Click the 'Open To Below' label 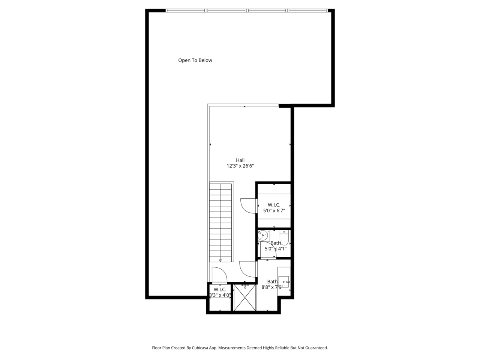pos(195,60)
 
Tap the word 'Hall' pos(240,160)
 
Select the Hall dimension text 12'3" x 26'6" pos(240,166)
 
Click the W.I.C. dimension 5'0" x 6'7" pos(274,211)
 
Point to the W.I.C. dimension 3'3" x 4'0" pos(220,295)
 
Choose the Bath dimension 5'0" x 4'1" pos(276,249)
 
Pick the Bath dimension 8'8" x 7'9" pos(272,287)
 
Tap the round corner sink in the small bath pos(263,235)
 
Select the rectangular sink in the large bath pos(284,282)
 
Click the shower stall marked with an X pos(245,297)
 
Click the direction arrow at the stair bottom pos(220,261)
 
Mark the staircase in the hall pos(220,223)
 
